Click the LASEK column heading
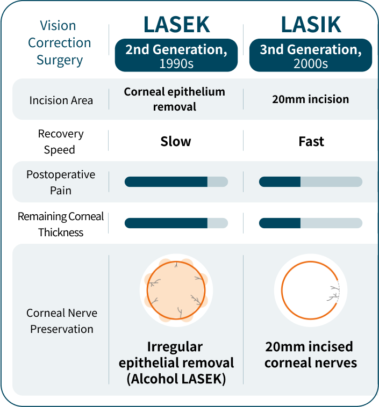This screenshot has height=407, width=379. [176, 24]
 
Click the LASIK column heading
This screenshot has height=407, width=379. [310, 24]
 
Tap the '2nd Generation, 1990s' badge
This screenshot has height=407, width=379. [176, 55]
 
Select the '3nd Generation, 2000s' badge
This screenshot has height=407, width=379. [310, 55]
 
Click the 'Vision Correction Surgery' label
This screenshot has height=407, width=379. [60, 43]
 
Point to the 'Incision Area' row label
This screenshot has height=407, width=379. [61, 100]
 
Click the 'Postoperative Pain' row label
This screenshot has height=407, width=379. [60, 182]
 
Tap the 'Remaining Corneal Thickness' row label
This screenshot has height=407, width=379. [60, 224]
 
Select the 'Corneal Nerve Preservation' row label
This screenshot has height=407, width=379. [61, 321]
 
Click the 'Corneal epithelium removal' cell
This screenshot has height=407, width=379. [175, 99]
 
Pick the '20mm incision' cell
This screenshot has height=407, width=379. [311, 99]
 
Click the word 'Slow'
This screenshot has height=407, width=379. [176, 142]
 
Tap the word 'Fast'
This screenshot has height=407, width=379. [311, 142]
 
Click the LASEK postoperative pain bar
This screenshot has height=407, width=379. [176, 182]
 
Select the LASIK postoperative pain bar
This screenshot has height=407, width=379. [310, 182]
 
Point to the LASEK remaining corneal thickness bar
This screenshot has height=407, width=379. [176, 223]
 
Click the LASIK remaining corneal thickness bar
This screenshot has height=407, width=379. [310, 223]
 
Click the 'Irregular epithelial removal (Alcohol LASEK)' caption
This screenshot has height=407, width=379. [176, 362]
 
